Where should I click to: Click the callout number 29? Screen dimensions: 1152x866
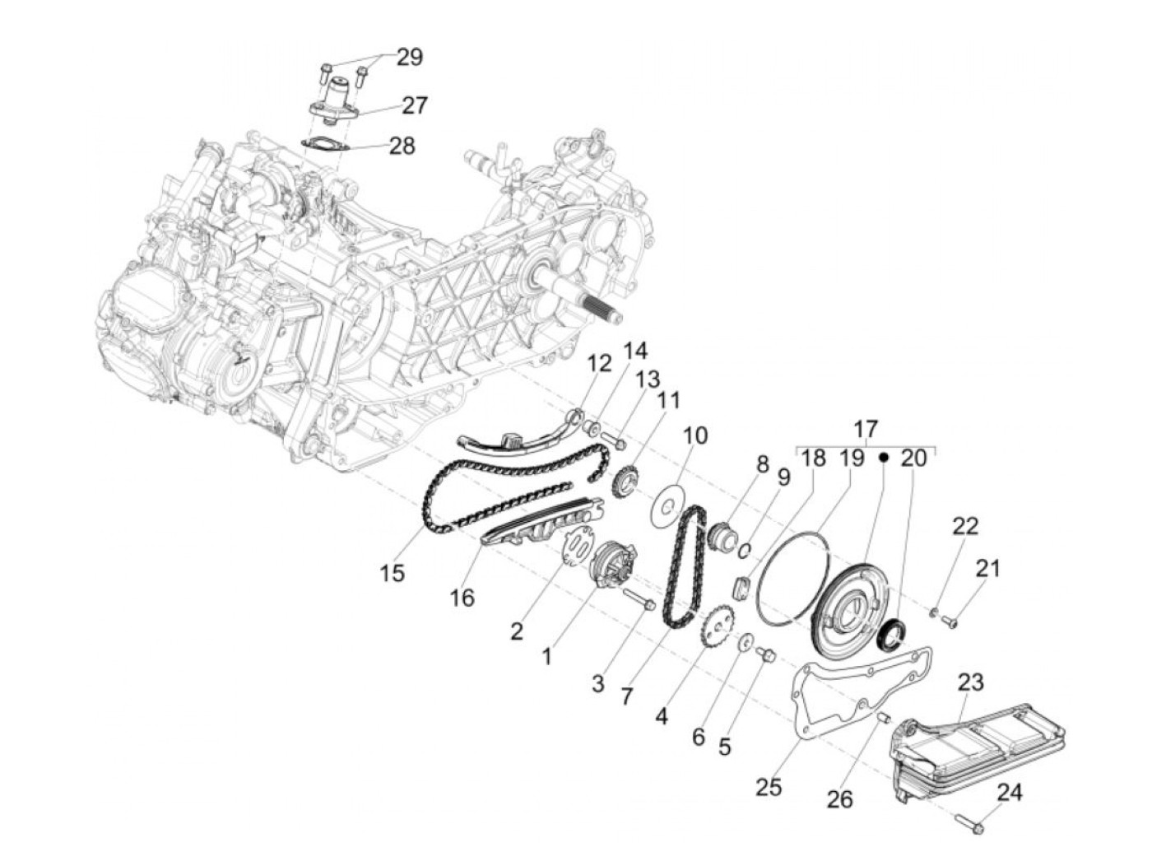[409, 58]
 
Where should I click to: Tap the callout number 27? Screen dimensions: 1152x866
[414, 105]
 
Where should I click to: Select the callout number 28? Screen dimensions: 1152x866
[402, 147]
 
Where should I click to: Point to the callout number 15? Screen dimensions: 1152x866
[393, 573]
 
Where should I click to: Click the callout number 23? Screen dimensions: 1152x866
[971, 682]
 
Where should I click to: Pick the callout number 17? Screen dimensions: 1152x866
[866, 429]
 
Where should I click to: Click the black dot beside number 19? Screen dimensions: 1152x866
[884, 457]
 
